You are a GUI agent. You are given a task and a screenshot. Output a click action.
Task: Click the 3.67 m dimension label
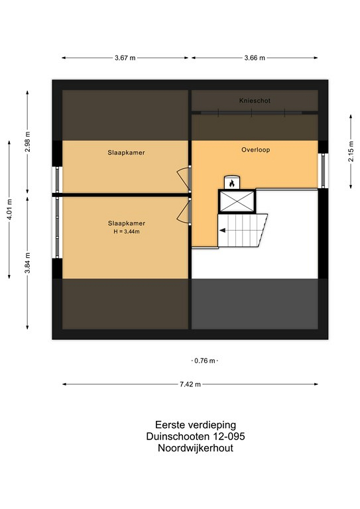[x=125, y=58]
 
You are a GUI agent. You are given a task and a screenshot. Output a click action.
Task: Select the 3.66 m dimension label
[x=255, y=58]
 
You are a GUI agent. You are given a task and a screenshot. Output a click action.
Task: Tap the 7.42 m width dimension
[x=190, y=384]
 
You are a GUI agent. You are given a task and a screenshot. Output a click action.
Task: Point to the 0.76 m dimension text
[x=204, y=361]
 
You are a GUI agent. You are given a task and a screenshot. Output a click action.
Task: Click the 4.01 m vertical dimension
[x=9, y=209]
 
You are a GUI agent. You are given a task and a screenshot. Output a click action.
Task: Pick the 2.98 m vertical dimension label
[x=28, y=142]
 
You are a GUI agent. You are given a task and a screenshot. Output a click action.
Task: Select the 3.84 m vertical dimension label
[x=28, y=263]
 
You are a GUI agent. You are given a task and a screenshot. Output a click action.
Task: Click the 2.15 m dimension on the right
[x=351, y=151]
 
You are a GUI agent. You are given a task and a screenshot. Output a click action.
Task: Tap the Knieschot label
[x=255, y=101]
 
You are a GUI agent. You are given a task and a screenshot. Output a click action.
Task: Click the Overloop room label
[x=256, y=150]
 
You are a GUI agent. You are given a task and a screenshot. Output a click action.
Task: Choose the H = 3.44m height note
[x=127, y=232]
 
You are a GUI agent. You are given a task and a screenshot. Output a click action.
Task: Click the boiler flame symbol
[x=232, y=184]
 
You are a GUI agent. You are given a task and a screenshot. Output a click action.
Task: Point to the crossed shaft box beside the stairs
[x=237, y=201]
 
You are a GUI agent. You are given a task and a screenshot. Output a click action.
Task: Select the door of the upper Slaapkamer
[x=184, y=178]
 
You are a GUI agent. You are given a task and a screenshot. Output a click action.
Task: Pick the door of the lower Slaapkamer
[x=184, y=212]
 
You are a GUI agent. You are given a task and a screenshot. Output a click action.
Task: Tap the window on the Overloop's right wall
[x=324, y=170]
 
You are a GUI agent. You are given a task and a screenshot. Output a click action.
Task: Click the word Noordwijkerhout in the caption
[x=196, y=448]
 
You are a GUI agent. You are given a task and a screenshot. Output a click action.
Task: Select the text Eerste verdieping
[x=196, y=425]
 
